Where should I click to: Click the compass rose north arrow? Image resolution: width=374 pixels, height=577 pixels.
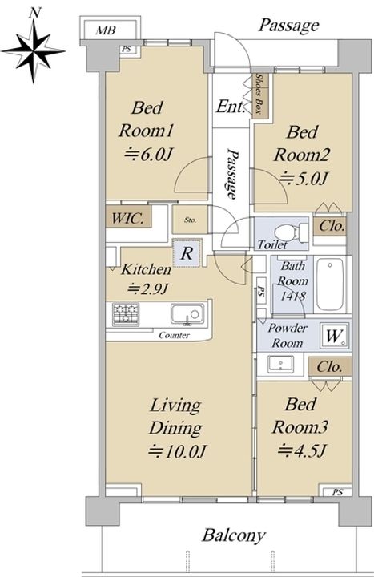click(33, 50)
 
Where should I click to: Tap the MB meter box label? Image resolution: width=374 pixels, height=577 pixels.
click(106, 30)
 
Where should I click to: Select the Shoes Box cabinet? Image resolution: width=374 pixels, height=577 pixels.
click(261, 95)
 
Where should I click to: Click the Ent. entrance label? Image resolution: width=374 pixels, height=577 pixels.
click(231, 107)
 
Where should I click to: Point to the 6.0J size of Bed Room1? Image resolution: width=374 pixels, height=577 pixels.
click(148, 155)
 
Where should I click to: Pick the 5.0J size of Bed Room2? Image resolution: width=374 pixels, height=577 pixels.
click(304, 179)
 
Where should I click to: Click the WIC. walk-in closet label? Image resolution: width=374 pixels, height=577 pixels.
click(127, 218)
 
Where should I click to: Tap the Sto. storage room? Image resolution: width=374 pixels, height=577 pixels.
click(190, 220)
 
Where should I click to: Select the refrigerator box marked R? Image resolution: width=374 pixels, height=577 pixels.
click(187, 252)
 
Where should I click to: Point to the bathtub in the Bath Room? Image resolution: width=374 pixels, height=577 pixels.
click(330, 284)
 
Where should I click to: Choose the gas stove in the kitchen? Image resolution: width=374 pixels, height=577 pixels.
click(126, 313)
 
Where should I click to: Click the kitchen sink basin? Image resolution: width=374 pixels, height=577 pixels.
click(187, 314)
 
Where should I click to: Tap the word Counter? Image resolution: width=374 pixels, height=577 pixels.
click(175, 335)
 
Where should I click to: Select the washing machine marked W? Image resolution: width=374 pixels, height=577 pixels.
click(334, 335)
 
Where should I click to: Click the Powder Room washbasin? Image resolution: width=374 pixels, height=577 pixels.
click(280, 364)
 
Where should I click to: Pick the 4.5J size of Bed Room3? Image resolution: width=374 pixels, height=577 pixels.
click(302, 450)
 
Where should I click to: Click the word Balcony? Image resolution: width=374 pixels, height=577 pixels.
click(234, 535)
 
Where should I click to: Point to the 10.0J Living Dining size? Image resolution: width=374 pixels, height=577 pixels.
click(177, 450)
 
